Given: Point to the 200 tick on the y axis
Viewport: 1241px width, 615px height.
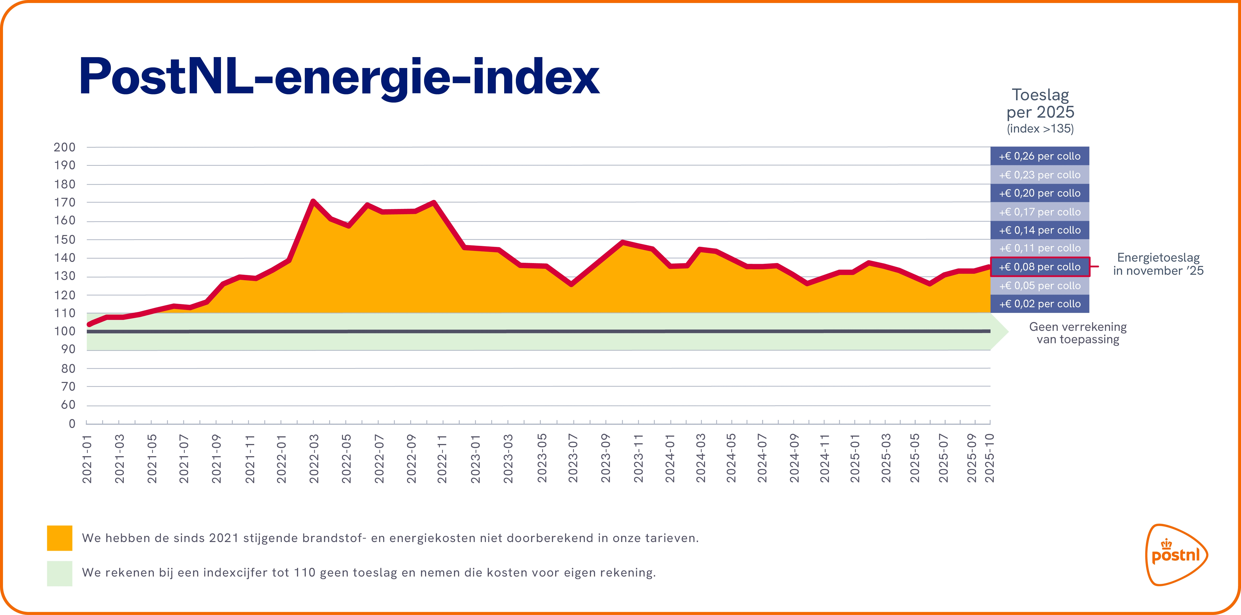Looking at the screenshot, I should point(64,147).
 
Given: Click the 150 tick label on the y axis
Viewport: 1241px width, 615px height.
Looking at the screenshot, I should point(64,239).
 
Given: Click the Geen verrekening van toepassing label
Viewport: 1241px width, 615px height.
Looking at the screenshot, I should point(1078,333).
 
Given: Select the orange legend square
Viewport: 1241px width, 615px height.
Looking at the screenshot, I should point(59,538).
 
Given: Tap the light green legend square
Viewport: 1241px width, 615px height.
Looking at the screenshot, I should point(59,573).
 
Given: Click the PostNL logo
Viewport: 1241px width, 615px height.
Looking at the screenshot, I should point(1176,555).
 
